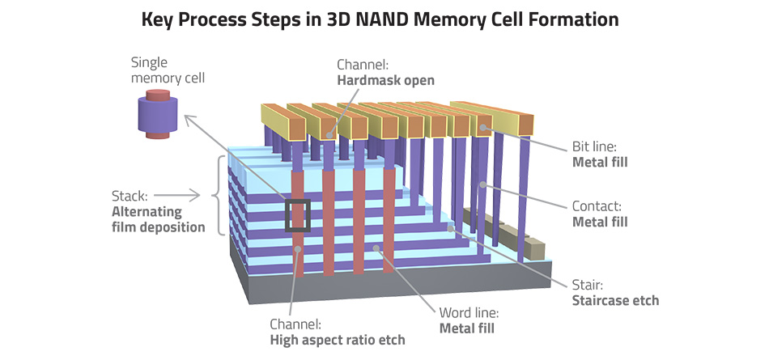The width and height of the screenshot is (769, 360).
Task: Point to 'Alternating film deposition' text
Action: point(158,219)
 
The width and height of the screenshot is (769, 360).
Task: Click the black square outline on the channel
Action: point(297,217)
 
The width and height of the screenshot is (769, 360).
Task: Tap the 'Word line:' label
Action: point(469,313)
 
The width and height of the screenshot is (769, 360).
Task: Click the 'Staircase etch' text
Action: point(614,300)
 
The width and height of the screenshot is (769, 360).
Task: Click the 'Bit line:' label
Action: point(595,147)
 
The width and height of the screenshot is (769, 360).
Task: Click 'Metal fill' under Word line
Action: point(467,328)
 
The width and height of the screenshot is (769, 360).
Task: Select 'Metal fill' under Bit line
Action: point(601,163)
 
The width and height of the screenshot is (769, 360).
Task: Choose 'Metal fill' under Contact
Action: point(601,222)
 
